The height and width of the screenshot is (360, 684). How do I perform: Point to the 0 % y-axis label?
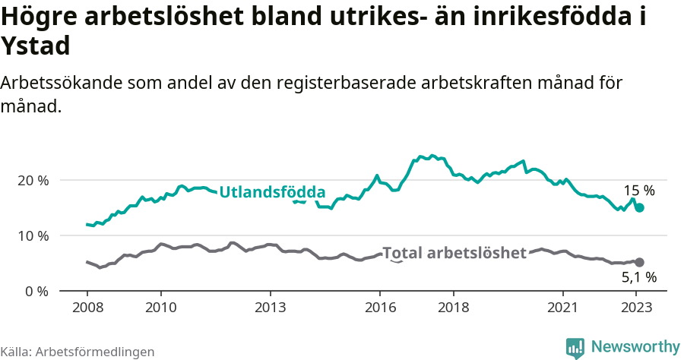tap(36, 292)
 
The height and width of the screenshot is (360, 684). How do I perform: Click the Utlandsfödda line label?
tap(272, 193)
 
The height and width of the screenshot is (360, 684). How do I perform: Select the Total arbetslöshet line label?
tap(454, 253)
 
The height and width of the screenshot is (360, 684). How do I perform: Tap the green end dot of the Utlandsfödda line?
tap(640, 207)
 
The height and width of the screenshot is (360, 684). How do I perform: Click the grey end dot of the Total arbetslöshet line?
tap(639, 262)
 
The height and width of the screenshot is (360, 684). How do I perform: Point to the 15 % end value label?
tap(639, 191)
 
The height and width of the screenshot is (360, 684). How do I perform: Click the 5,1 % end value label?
tap(639, 278)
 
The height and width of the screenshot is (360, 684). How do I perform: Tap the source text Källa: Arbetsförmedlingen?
tap(78, 352)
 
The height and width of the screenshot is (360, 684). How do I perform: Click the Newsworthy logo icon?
tap(575, 348)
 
